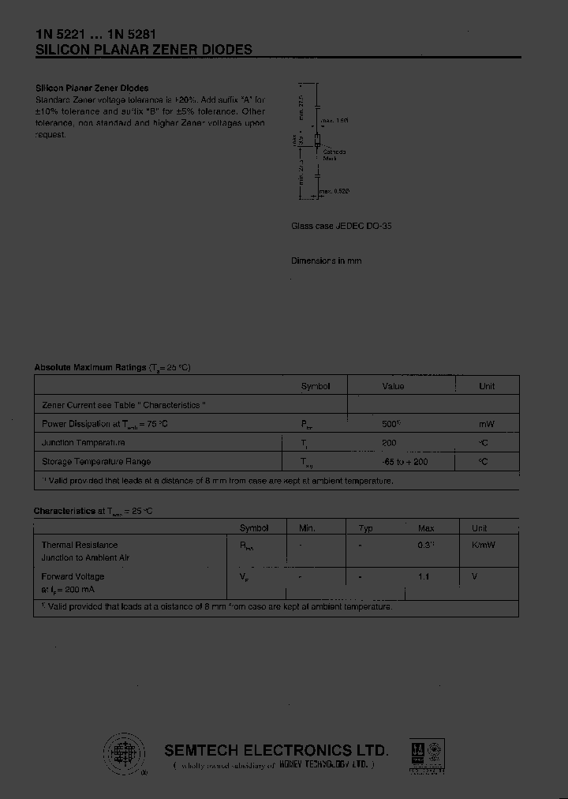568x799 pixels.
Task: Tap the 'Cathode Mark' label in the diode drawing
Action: [334, 154]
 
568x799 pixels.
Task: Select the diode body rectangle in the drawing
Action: [317, 143]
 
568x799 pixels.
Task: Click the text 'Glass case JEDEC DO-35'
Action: [342, 226]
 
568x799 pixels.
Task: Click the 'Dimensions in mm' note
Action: [326, 261]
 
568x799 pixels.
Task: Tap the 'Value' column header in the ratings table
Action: [393, 386]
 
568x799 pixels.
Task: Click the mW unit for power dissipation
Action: [487, 424]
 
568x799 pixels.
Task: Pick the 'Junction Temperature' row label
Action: [83, 443]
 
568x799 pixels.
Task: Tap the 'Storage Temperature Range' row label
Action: [96, 462]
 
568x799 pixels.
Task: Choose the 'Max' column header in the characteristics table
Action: [426, 528]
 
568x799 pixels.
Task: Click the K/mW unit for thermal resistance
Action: [484, 545]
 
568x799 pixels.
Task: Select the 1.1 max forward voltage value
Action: [424, 576]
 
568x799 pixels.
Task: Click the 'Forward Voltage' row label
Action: [73, 576]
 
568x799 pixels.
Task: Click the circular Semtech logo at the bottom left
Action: [124, 752]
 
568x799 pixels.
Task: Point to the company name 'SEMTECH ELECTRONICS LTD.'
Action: [276, 750]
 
